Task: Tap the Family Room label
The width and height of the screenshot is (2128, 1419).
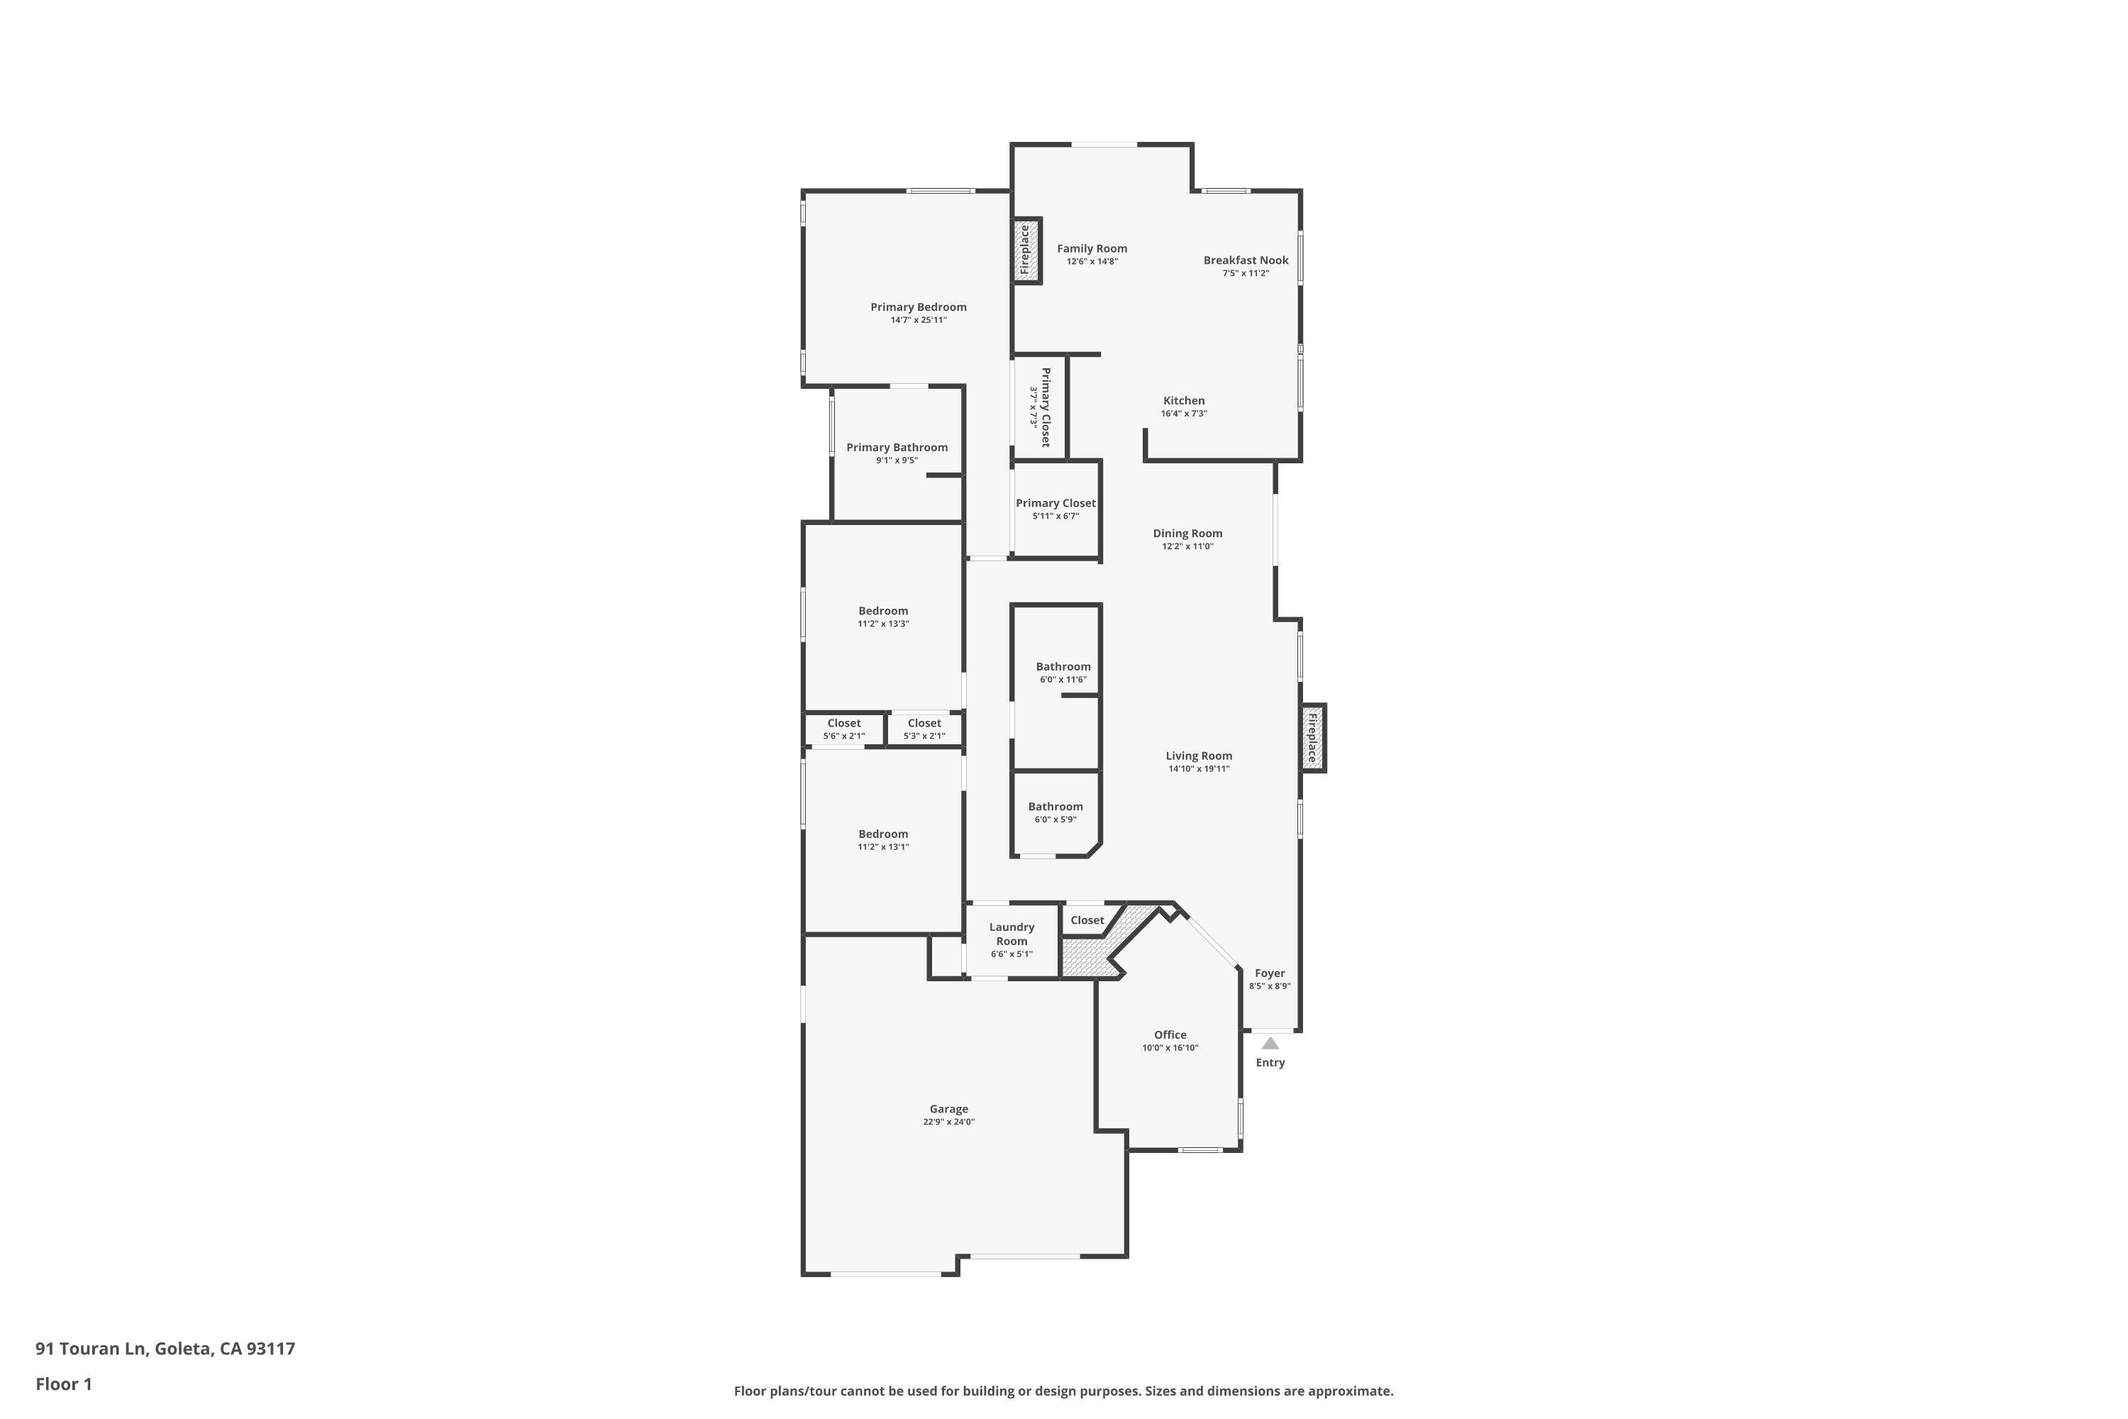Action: pyautogui.click(x=1092, y=249)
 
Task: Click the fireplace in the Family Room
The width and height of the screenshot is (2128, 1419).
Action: pyautogui.click(x=1026, y=250)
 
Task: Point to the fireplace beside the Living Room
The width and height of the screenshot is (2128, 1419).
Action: pyautogui.click(x=1313, y=738)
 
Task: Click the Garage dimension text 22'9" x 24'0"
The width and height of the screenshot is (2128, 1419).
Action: pyautogui.click(x=948, y=1122)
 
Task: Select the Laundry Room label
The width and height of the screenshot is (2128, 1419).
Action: pyautogui.click(x=1012, y=934)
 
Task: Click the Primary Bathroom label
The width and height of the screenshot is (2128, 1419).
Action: pyautogui.click(x=897, y=448)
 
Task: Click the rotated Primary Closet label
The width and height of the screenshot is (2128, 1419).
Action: pyautogui.click(x=1045, y=407)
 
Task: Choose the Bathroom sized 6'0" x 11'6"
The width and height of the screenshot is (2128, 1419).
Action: pyautogui.click(x=1063, y=667)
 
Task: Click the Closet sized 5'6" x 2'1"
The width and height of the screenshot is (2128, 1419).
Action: pyautogui.click(x=843, y=724)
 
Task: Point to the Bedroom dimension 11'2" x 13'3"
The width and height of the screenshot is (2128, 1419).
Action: pyautogui.click(x=883, y=624)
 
